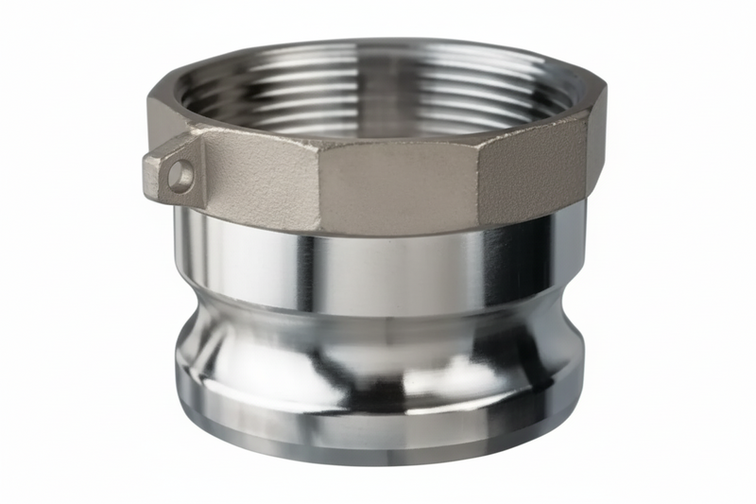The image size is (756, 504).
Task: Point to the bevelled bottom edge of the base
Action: coord(378,454)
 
